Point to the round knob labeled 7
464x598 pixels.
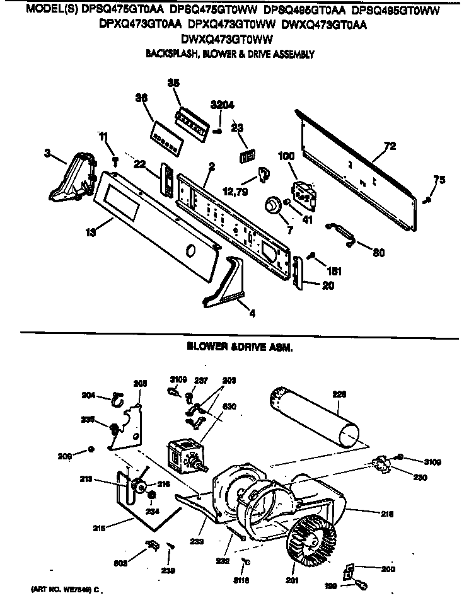pos(273,205)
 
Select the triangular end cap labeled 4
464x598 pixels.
pos(233,277)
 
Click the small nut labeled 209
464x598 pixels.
pos(91,449)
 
